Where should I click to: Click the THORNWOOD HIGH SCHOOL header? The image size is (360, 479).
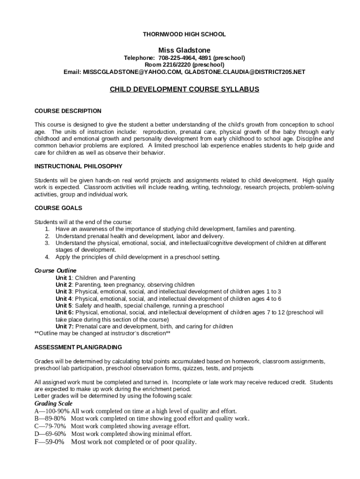click(x=184, y=34)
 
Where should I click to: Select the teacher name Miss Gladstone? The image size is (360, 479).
click(x=184, y=50)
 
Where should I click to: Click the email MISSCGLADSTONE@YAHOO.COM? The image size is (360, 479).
click(x=132, y=72)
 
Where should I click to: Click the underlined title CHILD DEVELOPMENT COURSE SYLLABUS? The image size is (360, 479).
click(x=184, y=89)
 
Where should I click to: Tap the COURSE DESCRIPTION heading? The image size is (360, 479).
click(x=68, y=111)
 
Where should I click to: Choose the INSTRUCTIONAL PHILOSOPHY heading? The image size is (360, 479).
click(x=79, y=166)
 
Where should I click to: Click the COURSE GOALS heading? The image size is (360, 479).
click(x=58, y=208)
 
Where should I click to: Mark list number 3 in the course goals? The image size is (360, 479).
click(x=47, y=243)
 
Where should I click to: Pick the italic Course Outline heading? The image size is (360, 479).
click(x=56, y=271)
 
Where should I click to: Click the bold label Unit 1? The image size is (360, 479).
click(x=64, y=278)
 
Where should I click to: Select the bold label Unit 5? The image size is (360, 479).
click(x=64, y=305)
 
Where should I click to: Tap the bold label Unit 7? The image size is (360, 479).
click(x=65, y=327)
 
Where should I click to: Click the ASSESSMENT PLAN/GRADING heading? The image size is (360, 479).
click(x=79, y=347)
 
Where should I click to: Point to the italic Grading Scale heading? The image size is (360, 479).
click(x=54, y=403)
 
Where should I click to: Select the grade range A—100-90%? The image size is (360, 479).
click(x=52, y=411)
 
